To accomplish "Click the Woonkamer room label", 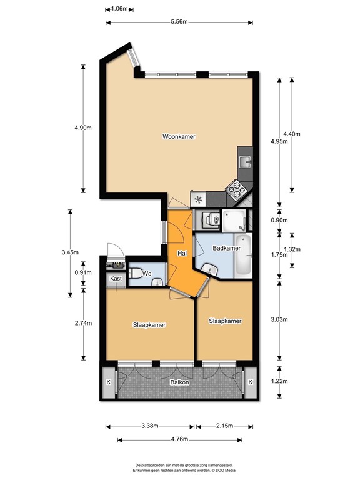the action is click(179, 136).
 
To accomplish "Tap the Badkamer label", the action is click(226, 248).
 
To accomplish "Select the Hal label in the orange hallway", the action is click(182, 254).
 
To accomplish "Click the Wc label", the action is click(147, 274).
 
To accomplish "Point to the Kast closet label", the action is click(116, 278).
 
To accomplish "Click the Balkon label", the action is click(180, 382).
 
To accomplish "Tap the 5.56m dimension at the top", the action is click(179, 22).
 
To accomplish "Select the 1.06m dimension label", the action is click(119, 9).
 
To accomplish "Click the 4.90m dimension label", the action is click(83, 127).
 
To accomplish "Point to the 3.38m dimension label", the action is click(150, 426).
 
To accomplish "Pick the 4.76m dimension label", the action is click(180, 439).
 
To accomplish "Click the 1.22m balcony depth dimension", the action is click(279, 381).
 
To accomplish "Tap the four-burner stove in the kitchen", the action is click(236, 190).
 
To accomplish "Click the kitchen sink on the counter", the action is click(245, 161).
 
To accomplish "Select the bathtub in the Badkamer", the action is click(243, 256).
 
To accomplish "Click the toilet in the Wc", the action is click(135, 273).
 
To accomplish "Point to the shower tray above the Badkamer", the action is click(234, 221).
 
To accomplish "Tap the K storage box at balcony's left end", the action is click(108, 382).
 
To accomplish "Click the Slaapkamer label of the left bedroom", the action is click(149, 325).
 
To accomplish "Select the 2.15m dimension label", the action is click(225, 426).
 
